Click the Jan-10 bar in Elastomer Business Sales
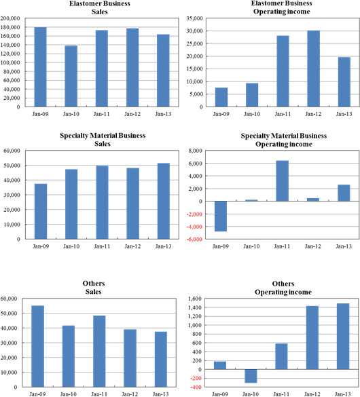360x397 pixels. [x=71, y=76]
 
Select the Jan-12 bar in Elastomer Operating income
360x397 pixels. [x=313, y=69]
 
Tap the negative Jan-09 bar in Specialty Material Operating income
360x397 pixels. [x=221, y=216]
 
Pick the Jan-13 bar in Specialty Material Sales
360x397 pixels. [x=164, y=201]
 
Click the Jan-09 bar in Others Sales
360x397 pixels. [x=38, y=346]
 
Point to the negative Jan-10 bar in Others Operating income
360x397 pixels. [x=251, y=376]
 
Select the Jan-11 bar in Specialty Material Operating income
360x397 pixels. [x=282, y=181]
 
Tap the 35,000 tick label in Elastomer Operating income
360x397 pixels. [x=194, y=18]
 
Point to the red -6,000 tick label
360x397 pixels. [x=194, y=240]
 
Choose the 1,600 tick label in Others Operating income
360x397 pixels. [x=195, y=299]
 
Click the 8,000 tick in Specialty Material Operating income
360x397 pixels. [x=196, y=151]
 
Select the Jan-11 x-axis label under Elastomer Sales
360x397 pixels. [x=102, y=114]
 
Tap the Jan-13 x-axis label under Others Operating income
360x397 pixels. [x=343, y=394]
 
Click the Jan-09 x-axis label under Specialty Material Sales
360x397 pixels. [x=41, y=246]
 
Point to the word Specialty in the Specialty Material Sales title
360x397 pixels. [x=73, y=136]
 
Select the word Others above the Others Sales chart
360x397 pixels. [x=94, y=283]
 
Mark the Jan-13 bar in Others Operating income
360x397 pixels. [x=343, y=336]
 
